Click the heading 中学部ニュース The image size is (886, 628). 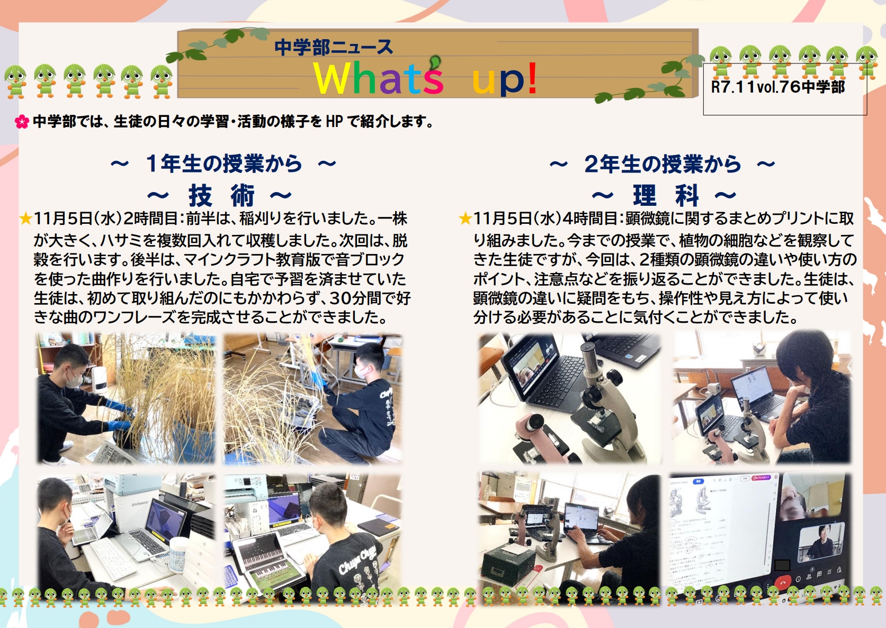[334, 48]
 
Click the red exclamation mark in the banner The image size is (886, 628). [532, 78]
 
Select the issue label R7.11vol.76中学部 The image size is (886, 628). [777, 87]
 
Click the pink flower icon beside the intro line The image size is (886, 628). [22, 122]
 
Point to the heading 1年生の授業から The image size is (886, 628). [223, 163]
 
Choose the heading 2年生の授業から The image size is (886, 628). [662, 164]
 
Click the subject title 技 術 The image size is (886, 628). [221, 196]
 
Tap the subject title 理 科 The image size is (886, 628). [665, 196]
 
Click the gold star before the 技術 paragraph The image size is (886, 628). [25, 219]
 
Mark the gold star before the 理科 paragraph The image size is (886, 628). [465, 219]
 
